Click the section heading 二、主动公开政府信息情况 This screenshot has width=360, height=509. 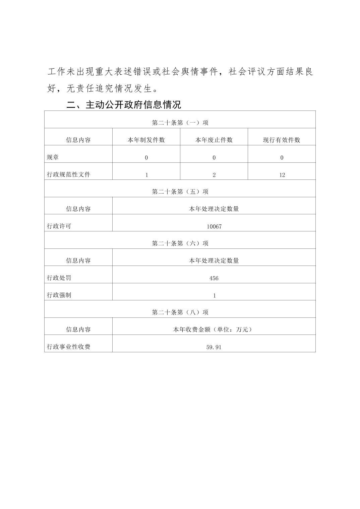(x=124, y=105)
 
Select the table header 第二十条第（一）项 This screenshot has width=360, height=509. (x=180, y=123)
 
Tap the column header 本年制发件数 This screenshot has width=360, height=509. (x=146, y=140)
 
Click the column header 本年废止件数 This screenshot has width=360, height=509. (x=214, y=140)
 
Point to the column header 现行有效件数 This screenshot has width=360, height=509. (x=282, y=140)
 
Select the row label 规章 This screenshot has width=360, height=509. (x=53, y=157)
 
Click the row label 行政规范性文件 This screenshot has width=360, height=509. (x=69, y=174)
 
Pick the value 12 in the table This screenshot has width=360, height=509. (x=282, y=175)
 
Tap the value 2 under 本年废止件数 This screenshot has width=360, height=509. (x=214, y=175)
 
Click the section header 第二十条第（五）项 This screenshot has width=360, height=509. (x=180, y=192)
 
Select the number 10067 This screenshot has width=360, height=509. (x=214, y=226)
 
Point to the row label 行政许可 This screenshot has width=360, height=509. (x=59, y=226)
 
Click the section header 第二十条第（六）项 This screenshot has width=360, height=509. (x=180, y=243)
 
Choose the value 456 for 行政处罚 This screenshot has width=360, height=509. (x=214, y=278)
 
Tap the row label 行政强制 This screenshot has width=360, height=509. (x=59, y=295)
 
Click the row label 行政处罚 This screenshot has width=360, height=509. (x=59, y=278)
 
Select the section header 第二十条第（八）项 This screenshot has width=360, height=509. (x=180, y=312)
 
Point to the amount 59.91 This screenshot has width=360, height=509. (x=214, y=347)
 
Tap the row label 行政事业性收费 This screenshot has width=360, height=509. (x=69, y=347)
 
